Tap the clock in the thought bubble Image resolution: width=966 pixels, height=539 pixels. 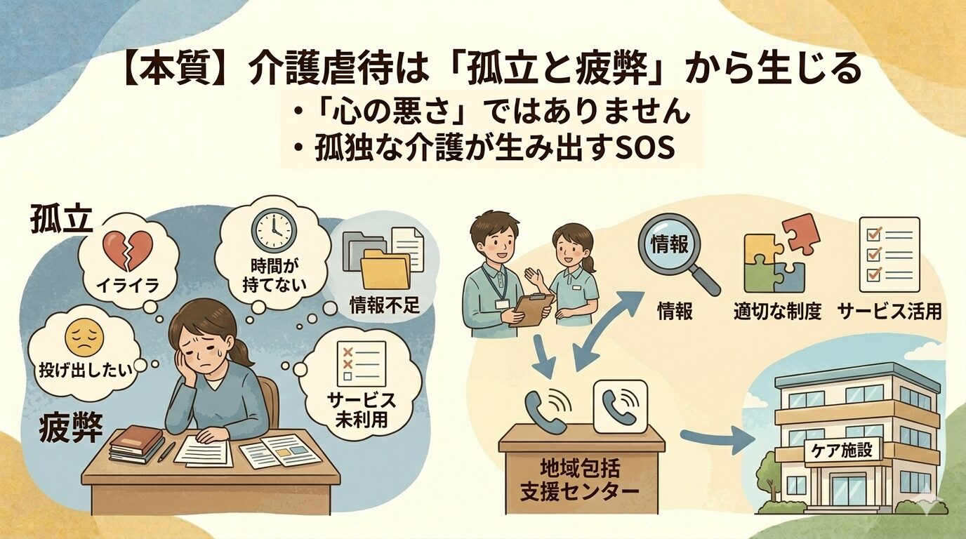pyautogui.click(x=273, y=229)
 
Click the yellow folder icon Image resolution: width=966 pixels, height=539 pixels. pyautogui.click(x=386, y=270)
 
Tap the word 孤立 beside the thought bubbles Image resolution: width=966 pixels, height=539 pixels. pyautogui.click(x=62, y=220)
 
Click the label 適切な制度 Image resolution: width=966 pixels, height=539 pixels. pyautogui.click(x=777, y=312)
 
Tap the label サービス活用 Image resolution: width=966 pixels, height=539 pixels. pyautogui.click(x=889, y=312)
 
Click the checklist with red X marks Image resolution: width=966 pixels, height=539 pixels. pyautogui.click(x=359, y=363)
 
